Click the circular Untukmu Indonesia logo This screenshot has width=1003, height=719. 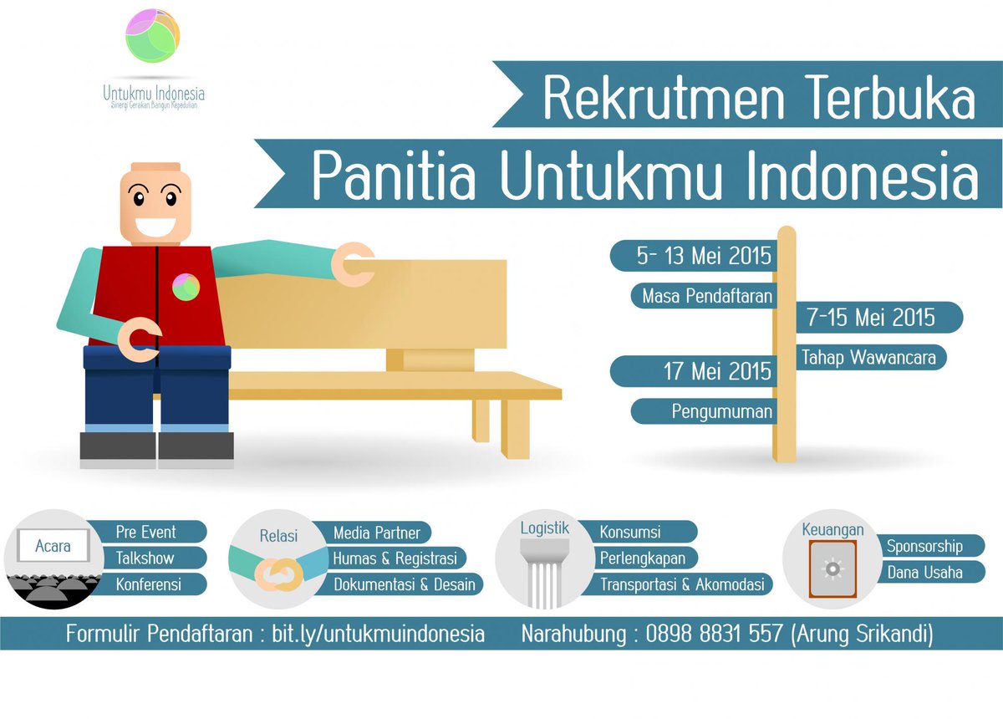tap(153, 36)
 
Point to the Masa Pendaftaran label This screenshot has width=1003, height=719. tap(707, 295)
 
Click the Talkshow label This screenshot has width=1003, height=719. tap(146, 558)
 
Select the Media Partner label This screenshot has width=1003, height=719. tap(377, 533)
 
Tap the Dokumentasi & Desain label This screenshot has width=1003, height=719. tap(405, 584)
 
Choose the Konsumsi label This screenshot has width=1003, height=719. tap(631, 532)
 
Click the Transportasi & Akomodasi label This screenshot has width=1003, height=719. tap(682, 584)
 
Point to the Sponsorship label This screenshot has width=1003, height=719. tap(924, 547)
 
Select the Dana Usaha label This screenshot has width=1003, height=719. tap(924, 573)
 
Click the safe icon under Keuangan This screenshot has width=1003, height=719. tap(832, 569)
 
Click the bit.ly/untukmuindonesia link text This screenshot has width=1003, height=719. tap(378, 634)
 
